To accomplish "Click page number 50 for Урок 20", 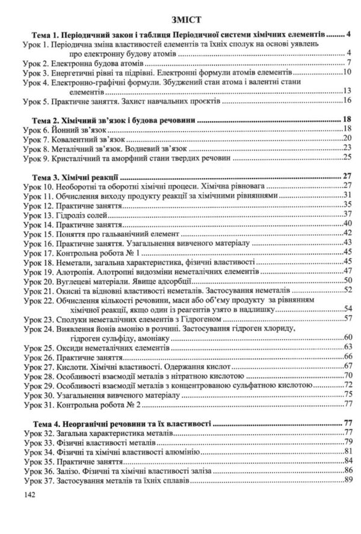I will [x=346, y=280].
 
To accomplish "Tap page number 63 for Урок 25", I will [x=346, y=347].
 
